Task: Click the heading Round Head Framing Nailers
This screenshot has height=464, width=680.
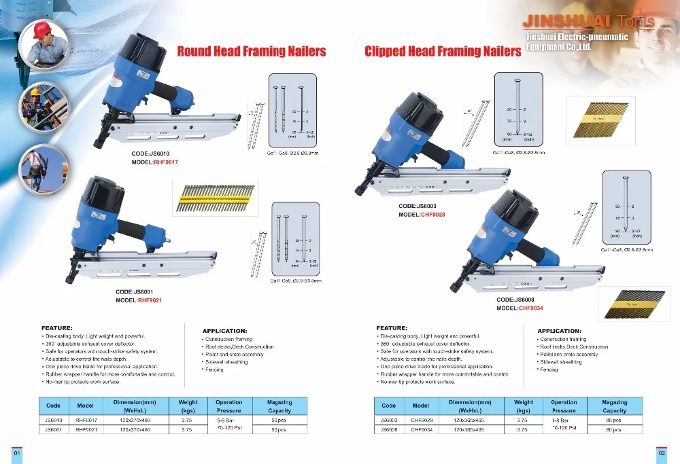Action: (x=252, y=51)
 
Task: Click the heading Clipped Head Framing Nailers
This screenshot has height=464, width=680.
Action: (x=442, y=51)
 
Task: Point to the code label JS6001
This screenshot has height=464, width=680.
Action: (x=139, y=291)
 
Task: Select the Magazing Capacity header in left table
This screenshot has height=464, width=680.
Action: (x=279, y=406)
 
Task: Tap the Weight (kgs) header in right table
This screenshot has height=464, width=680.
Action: (x=523, y=406)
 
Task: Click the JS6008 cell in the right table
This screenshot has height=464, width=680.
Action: (x=388, y=430)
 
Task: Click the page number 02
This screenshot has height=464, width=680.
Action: (x=661, y=453)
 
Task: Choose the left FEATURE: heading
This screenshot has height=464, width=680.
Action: (x=57, y=327)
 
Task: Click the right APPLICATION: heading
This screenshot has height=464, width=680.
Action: (x=559, y=331)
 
